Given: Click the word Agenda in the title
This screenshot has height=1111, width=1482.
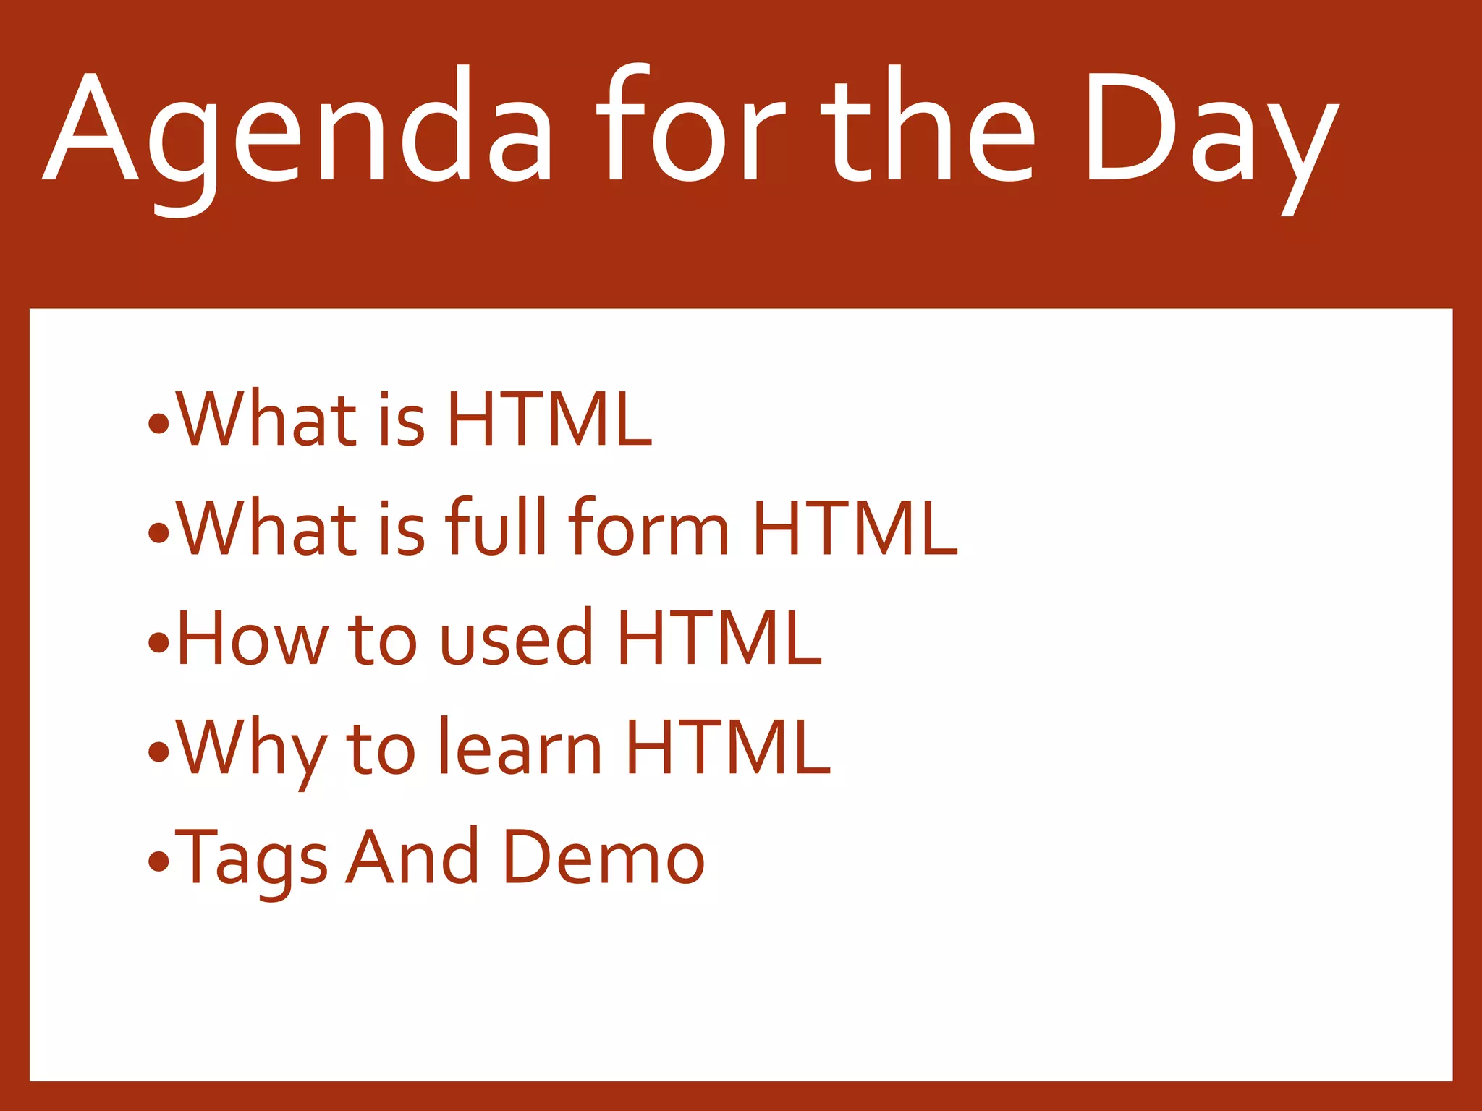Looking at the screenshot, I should point(297,130).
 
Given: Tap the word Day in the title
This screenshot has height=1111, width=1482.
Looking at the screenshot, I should point(1208,130).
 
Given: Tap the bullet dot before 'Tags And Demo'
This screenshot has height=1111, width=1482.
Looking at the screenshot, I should point(158,861).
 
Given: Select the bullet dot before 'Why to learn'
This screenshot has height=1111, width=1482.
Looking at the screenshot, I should point(158,752).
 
